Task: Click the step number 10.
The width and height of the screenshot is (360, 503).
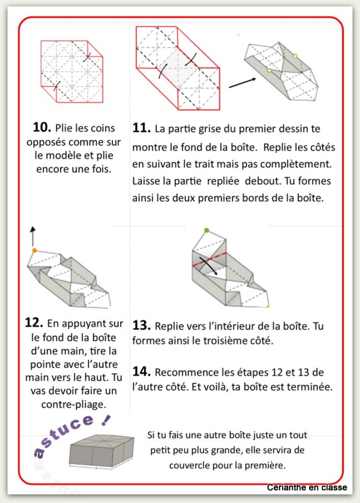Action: click(x=41, y=128)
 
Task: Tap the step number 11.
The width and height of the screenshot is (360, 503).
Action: click(x=141, y=128)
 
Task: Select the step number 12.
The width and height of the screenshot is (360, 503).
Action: click(x=34, y=323)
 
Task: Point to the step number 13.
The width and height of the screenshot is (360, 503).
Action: click(x=141, y=325)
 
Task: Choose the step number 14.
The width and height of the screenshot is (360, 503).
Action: click(x=141, y=372)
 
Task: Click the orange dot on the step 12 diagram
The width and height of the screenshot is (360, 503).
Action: click(x=35, y=250)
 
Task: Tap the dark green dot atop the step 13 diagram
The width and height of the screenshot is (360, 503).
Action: click(x=207, y=230)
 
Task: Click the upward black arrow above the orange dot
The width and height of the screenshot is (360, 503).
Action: click(x=33, y=236)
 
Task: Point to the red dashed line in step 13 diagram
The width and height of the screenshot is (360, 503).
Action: click(x=209, y=259)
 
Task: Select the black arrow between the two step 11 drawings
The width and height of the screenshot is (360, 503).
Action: click(x=243, y=83)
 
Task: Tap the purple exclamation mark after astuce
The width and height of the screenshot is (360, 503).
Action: click(x=105, y=420)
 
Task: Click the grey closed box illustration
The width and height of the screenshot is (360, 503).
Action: click(x=101, y=451)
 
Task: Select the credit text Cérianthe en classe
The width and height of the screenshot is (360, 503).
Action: click(x=307, y=488)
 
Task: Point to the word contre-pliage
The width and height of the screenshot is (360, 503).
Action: click(x=74, y=405)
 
